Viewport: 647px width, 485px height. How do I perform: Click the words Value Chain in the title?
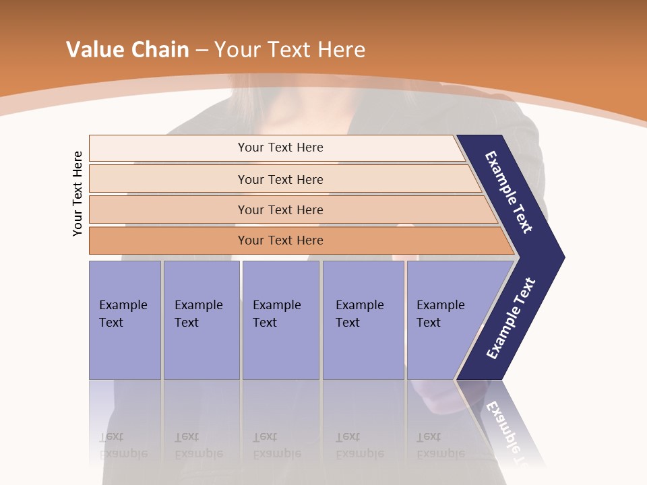(127, 50)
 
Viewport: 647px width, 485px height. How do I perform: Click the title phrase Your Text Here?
(290, 50)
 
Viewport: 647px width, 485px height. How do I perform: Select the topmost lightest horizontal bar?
(168, 148)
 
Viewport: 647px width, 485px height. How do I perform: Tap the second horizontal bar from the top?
(168, 179)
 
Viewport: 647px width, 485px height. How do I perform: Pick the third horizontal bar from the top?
(168, 209)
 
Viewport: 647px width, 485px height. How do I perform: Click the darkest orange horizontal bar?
(168, 240)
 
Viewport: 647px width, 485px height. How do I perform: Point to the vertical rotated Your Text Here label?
(78, 194)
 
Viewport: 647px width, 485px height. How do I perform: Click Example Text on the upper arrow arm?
(509, 192)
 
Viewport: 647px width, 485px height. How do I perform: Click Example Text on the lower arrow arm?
(510, 319)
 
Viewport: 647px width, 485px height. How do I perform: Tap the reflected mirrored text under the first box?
(123, 446)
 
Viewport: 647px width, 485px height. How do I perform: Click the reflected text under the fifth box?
(440, 446)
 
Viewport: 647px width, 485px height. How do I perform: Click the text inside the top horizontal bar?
(280, 148)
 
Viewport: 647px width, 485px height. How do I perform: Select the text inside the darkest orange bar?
(280, 240)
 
